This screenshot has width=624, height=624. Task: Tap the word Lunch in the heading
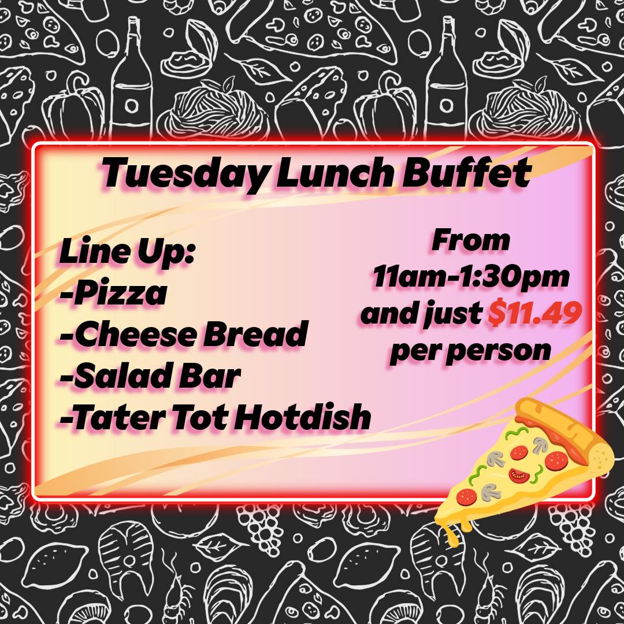click(333, 172)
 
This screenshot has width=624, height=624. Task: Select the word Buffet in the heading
click(466, 172)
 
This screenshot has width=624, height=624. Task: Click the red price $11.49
click(535, 313)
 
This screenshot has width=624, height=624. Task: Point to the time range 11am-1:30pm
click(471, 277)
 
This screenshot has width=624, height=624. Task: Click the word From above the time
click(471, 240)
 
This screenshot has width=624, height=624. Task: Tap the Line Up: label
click(127, 252)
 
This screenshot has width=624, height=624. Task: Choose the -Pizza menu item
click(113, 294)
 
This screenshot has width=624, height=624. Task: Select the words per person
click(471, 351)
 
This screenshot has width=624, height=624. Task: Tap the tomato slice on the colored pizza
click(518, 475)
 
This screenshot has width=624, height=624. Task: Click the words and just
click(421, 314)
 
